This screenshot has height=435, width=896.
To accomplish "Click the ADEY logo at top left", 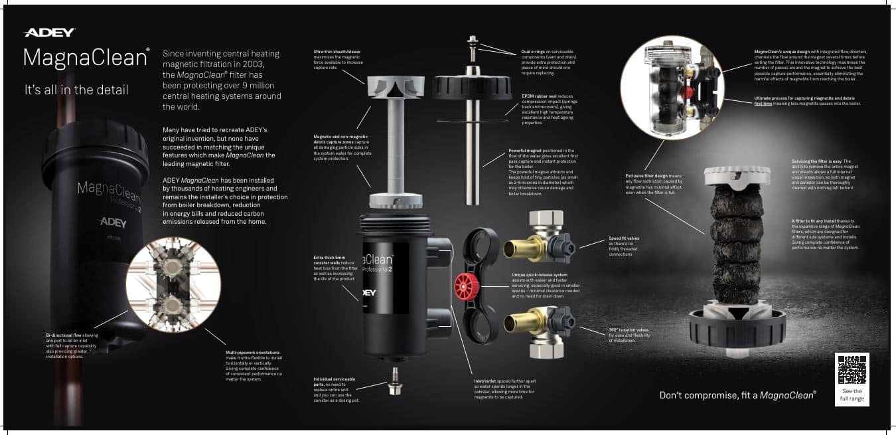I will (x=49, y=33).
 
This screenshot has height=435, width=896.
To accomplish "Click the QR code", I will (x=852, y=370).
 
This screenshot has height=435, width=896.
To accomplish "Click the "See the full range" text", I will (x=852, y=395).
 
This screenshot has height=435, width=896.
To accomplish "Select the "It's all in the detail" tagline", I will (x=76, y=90).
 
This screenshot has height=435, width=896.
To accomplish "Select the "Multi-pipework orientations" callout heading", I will (x=253, y=352).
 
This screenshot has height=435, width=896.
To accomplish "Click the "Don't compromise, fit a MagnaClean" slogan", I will (x=737, y=394).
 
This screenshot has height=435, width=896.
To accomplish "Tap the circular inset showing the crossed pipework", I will (x=173, y=284).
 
